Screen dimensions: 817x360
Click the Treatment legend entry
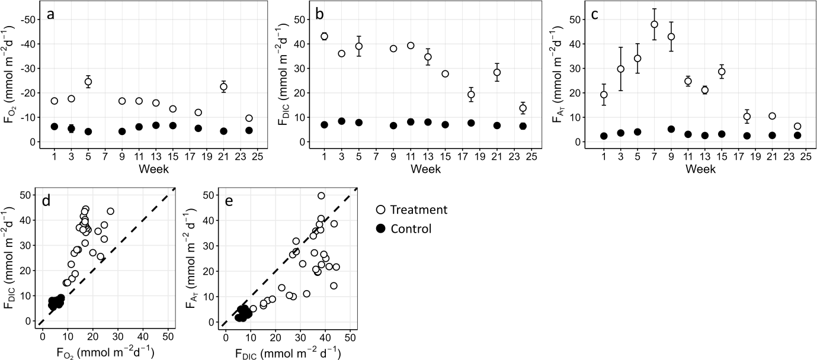412,210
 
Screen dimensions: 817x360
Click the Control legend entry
403,229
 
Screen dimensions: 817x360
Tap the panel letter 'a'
51,15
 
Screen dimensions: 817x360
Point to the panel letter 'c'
595,15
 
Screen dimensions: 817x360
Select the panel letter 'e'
229,201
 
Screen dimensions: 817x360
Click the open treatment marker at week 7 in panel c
654,24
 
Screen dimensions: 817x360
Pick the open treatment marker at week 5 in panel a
88,82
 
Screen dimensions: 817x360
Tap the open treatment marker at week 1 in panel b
324,36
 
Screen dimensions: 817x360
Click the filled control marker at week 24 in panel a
249,130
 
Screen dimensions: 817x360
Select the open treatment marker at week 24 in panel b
523,108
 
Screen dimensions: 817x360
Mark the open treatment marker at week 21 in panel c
772,116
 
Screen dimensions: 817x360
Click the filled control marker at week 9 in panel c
671,129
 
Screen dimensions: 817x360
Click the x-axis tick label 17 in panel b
463,157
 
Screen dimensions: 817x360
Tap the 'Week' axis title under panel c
700,169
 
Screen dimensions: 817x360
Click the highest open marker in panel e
321,195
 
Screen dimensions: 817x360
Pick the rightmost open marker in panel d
111,211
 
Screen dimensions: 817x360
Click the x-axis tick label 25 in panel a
257,157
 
